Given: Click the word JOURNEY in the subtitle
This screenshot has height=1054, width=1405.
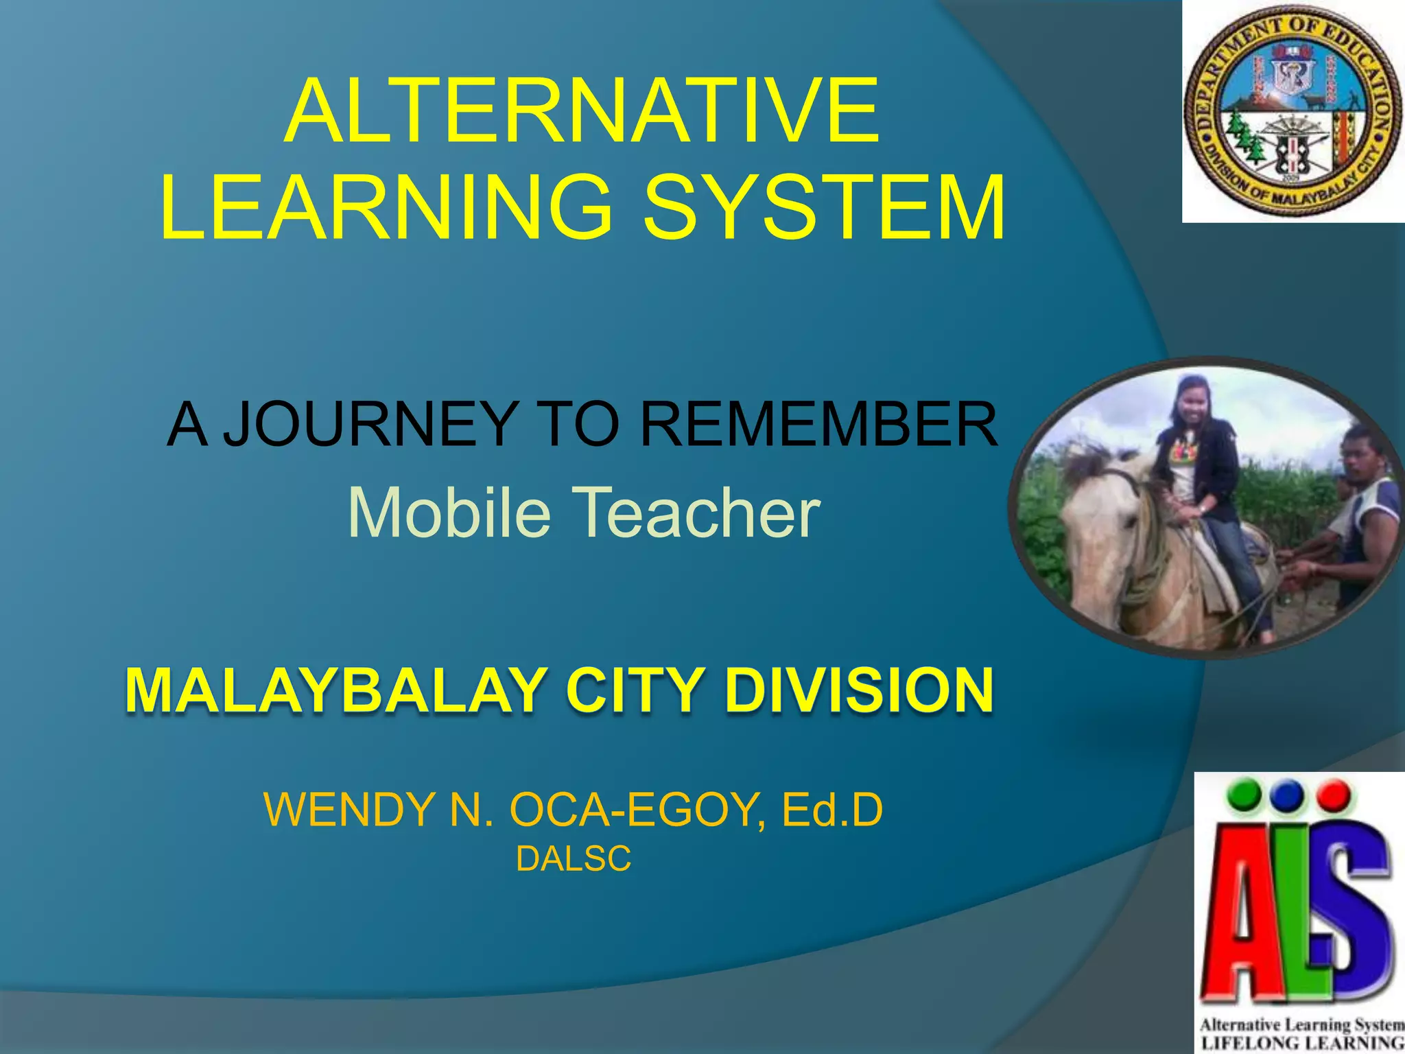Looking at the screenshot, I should (x=371, y=424).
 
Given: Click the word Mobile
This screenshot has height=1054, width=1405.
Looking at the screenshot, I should (x=449, y=512).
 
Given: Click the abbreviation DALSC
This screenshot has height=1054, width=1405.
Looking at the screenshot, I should (x=574, y=859).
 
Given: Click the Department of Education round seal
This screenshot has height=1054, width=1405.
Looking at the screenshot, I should (x=1293, y=112).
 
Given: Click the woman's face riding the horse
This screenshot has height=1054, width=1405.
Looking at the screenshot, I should (x=1192, y=405).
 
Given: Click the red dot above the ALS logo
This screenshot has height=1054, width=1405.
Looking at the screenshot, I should (x=1334, y=796).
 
